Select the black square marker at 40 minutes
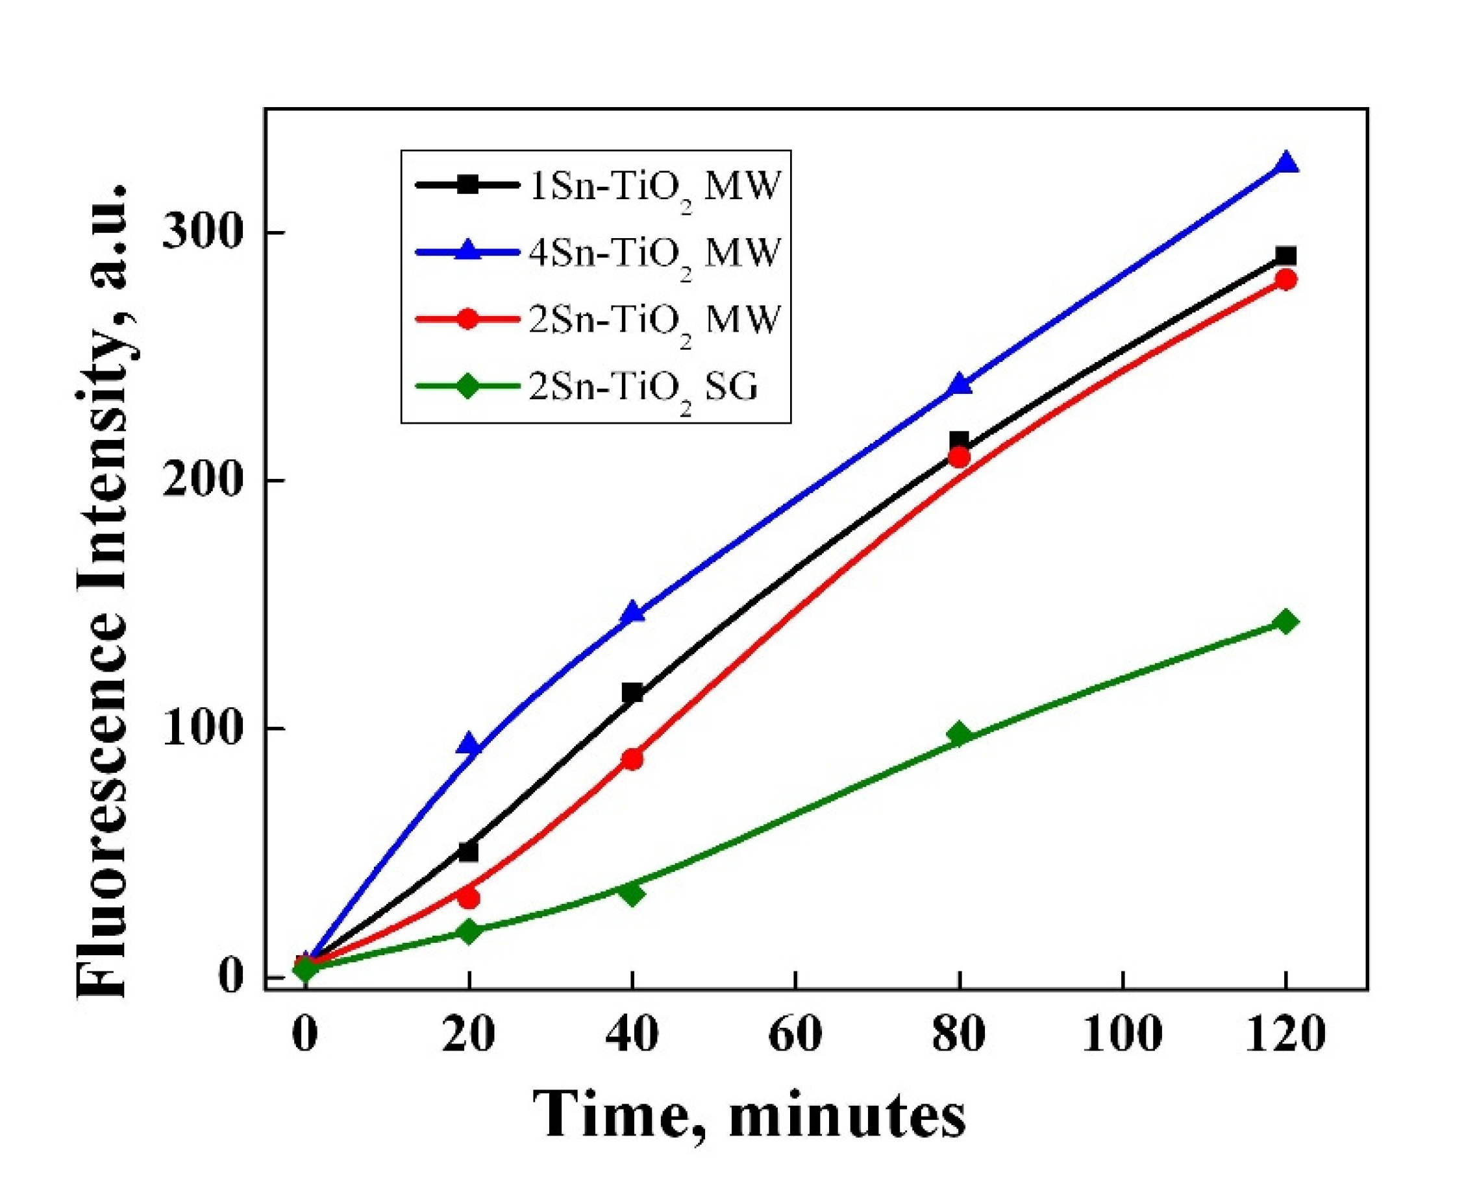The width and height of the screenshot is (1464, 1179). [632, 693]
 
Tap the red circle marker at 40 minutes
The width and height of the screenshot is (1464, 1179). [632, 759]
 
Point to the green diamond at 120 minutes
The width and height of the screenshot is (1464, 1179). [1285, 622]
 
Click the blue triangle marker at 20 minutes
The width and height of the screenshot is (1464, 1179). [469, 745]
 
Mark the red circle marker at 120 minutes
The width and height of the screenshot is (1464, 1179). [1285, 280]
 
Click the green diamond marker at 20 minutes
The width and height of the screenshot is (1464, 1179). [469, 930]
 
